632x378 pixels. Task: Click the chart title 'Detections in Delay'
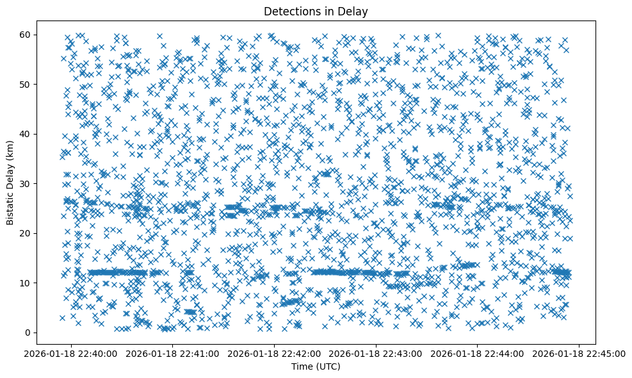click(x=316, y=11)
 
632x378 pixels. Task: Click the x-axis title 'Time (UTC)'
click(x=316, y=366)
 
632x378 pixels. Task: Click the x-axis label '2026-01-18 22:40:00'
click(x=72, y=353)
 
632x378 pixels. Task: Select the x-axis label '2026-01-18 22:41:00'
click(x=173, y=353)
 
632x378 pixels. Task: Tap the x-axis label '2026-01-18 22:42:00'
click(x=275, y=353)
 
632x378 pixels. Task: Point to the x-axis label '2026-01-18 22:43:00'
click(x=376, y=353)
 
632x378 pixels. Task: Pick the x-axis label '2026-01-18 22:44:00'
click(x=478, y=353)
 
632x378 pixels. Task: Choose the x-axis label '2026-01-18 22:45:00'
click(x=579, y=353)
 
